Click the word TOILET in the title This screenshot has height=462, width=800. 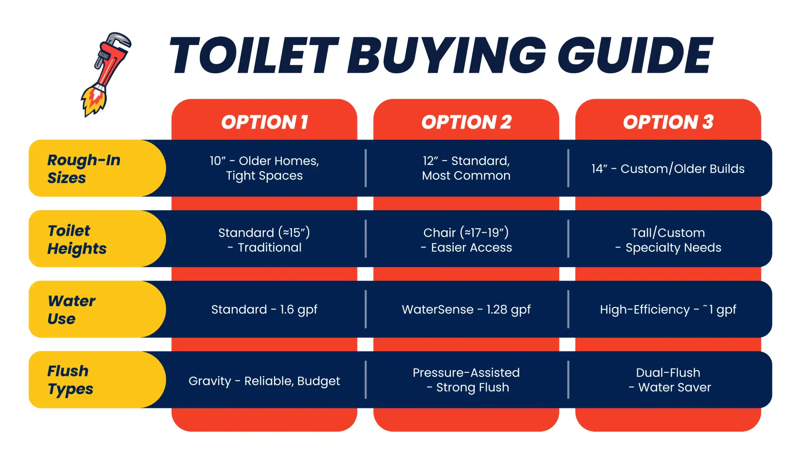[254, 55]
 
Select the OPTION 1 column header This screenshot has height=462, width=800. [265, 122]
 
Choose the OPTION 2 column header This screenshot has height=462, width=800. [466, 122]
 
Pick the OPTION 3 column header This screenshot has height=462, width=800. [668, 122]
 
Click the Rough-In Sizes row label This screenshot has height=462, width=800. [84, 168]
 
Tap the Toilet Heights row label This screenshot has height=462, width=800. [77, 239]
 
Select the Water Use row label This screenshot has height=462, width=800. [71, 309]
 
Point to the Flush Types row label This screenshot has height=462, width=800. [70, 380]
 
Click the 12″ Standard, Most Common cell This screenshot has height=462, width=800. [466, 168]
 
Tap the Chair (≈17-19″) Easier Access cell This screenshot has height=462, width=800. [466, 240]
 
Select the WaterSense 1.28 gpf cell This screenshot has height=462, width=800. [466, 310]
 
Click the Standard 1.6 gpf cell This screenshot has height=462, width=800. [264, 310]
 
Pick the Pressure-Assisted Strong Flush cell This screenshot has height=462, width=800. [466, 380]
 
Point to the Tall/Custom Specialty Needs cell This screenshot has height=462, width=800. [668, 240]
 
